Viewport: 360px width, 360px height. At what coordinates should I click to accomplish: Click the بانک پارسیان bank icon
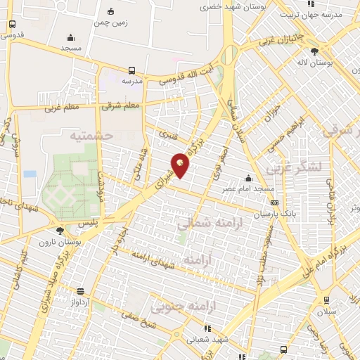[x=274, y=204]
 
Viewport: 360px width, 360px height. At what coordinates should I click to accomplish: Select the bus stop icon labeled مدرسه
[x=131, y=70]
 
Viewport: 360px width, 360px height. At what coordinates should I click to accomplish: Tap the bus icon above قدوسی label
[x=12, y=23]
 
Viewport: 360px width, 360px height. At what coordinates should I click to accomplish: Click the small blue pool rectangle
[x=29, y=173]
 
